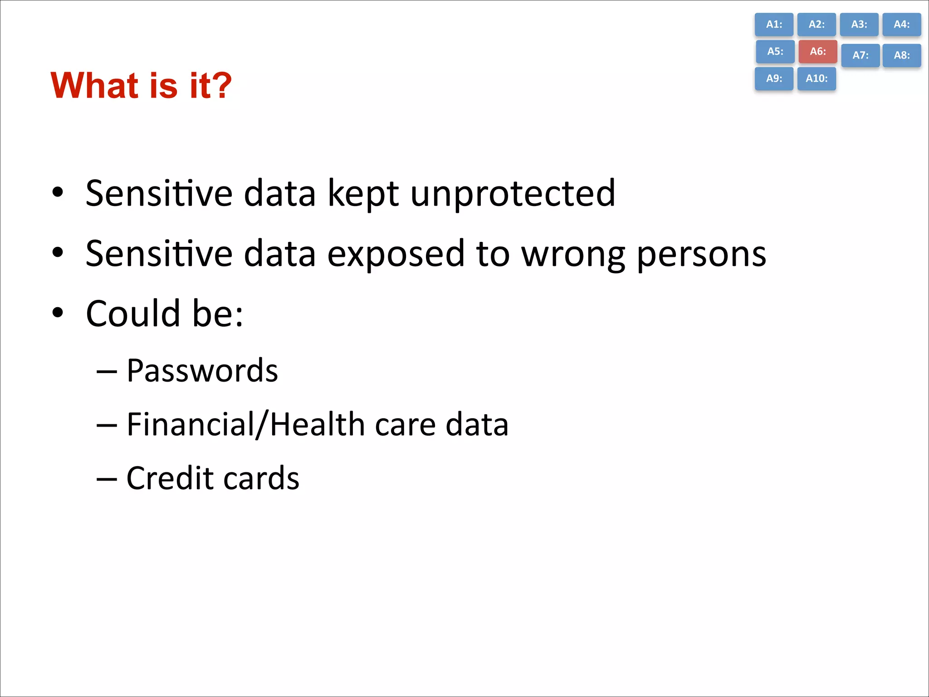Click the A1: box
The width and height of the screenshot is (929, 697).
coord(774,25)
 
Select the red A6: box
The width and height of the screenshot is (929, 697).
coord(817,51)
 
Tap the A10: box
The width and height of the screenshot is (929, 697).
coord(817,79)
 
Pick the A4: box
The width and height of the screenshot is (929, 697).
coord(901,25)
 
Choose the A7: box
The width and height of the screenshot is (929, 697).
coord(860,55)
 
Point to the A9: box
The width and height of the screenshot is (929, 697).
coord(774,79)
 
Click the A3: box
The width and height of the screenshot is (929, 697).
coord(859,25)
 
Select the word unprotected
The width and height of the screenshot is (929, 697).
coord(513,194)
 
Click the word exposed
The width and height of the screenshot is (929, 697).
coord(396,254)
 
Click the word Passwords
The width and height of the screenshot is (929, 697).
coord(202,371)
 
